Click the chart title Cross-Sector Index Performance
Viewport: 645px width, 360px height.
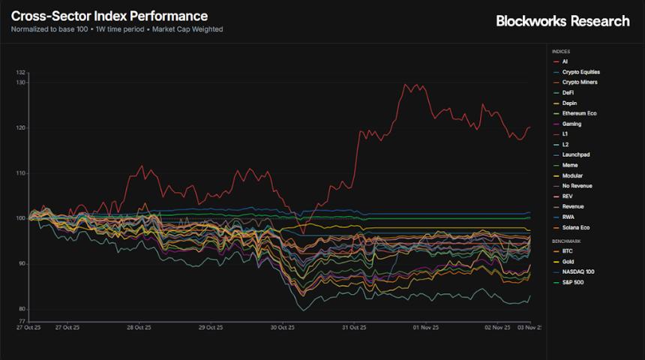tap(109, 16)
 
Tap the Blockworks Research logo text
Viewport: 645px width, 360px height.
tap(562, 21)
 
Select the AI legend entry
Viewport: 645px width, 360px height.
tap(565, 61)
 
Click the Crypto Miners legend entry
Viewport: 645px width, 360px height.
tap(579, 82)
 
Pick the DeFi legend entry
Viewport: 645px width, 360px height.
tap(568, 92)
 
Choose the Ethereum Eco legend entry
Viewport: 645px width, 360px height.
tap(579, 113)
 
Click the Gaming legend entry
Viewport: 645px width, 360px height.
tap(571, 124)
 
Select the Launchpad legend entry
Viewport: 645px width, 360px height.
tap(575, 154)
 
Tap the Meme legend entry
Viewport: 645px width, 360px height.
tap(570, 165)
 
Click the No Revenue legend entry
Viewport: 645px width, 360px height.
tap(577, 185)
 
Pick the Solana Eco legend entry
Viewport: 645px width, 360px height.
tap(576, 226)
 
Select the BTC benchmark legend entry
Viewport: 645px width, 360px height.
tap(567, 251)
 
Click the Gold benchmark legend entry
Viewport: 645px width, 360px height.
tap(568, 262)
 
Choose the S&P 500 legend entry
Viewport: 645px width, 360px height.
tap(572, 282)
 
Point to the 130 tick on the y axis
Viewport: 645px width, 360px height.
tap(21, 82)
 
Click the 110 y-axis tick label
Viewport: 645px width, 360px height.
tap(21, 173)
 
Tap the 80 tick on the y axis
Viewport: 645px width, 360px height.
tap(22, 309)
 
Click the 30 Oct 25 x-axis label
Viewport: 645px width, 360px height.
tap(282, 327)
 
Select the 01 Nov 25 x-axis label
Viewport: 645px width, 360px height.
tap(425, 327)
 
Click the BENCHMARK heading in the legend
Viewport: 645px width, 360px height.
tap(566, 241)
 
